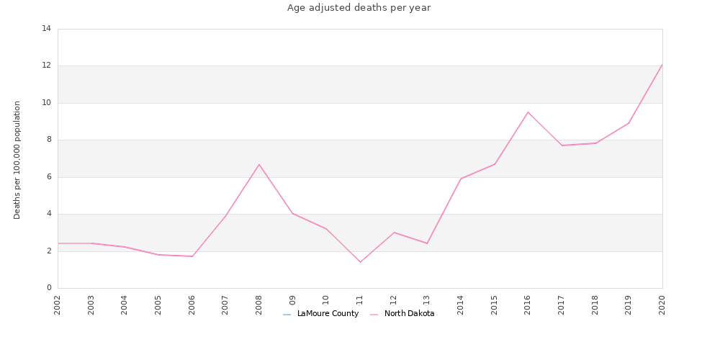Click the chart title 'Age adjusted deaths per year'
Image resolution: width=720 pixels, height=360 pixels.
(x=359, y=8)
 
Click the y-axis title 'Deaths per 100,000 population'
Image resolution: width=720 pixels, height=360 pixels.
(x=17, y=160)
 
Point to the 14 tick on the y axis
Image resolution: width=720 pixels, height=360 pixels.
(x=47, y=29)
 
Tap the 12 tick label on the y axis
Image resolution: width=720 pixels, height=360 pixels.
(x=47, y=66)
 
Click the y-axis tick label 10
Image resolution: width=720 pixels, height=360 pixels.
(x=47, y=103)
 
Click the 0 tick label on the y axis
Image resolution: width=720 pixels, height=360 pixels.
(x=49, y=288)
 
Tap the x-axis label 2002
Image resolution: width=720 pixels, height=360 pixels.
(x=58, y=305)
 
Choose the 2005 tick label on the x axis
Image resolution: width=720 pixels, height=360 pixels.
(x=158, y=305)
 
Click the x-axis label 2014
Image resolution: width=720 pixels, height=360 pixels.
(x=461, y=305)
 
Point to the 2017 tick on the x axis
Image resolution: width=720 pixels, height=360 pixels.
(x=562, y=305)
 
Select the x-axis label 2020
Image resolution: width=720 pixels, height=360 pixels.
(x=662, y=305)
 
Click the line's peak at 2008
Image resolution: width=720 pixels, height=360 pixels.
(x=259, y=164)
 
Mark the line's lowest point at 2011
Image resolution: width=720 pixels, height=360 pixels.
(x=360, y=262)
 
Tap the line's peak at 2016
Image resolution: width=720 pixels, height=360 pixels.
(x=528, y=112)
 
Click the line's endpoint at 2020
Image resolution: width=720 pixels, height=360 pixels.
(x=662, y=64)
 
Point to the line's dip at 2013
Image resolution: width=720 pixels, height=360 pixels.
(x=427, y=243)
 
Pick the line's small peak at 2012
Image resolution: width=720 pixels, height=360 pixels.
(x=394, y=233)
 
